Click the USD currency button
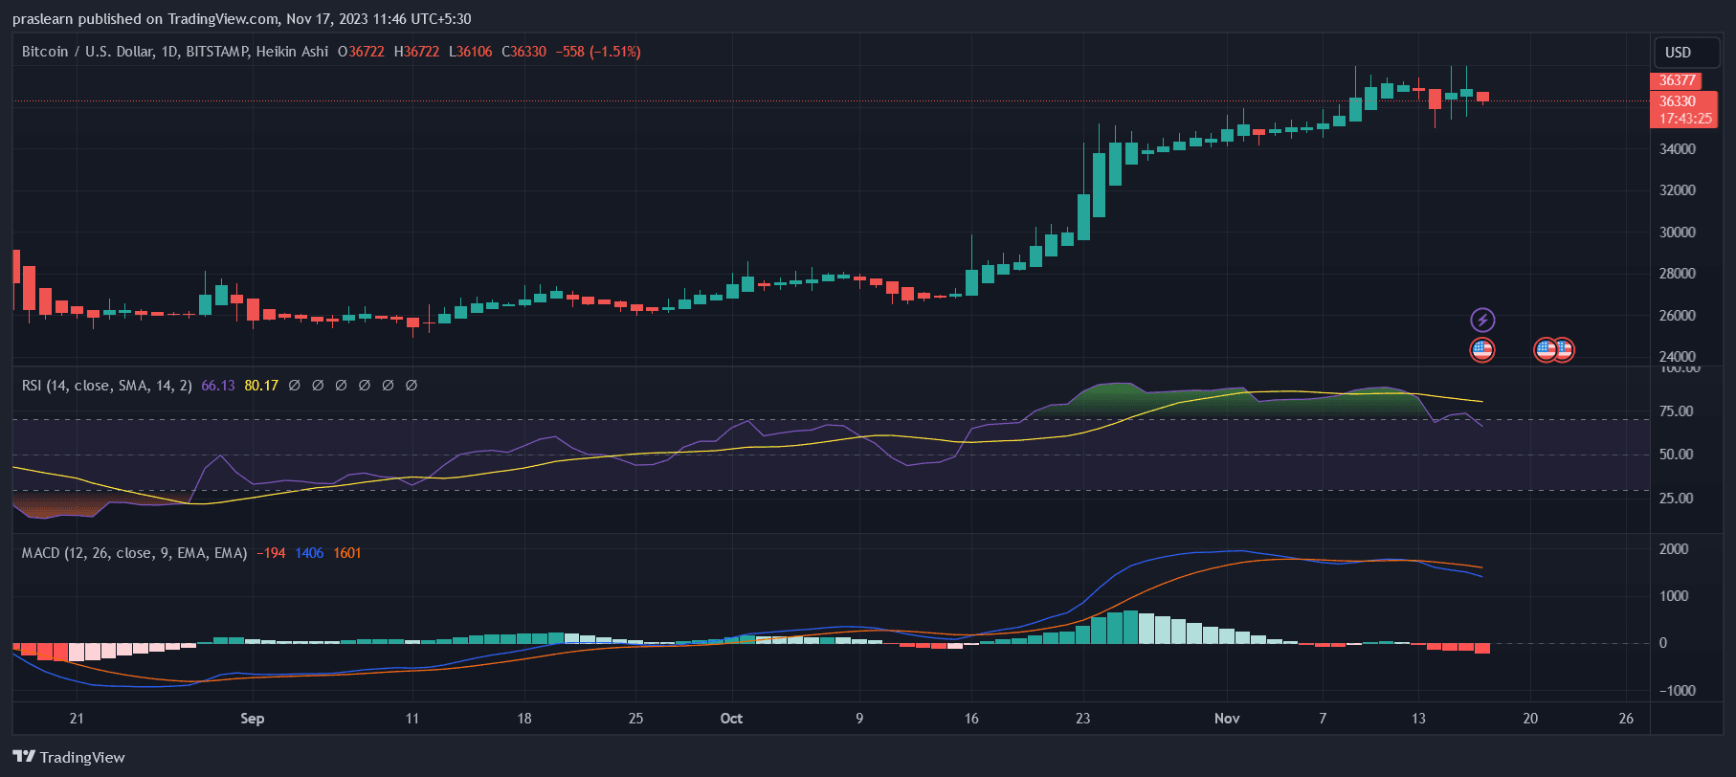1678,53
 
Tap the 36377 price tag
1677,80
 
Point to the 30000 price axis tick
1677,233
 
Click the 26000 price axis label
1677,316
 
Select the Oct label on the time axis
731,719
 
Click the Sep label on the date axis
252,719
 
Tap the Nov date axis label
1226,719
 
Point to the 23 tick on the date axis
1082,719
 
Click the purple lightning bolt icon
1481,320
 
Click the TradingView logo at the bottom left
69,757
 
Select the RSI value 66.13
218,386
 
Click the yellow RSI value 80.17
261,386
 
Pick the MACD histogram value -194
271,553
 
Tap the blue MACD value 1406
309,553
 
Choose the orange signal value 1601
347,553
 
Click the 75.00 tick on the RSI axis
1676,411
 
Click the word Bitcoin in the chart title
45,52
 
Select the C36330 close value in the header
524,52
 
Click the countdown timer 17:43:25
1684,119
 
